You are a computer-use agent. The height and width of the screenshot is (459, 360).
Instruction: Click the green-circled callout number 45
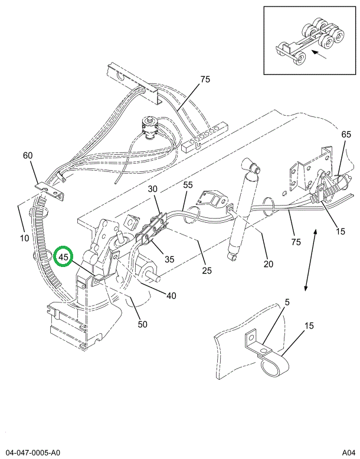(64, 257)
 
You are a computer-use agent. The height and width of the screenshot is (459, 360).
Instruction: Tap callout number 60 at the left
(28, 155)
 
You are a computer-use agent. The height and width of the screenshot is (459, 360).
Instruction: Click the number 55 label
(188, 185)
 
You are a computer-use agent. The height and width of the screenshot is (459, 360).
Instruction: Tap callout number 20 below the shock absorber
(269, 263)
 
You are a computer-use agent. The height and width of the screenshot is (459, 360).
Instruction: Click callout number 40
(171, 296)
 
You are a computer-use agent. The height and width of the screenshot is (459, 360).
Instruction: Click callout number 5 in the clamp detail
(287, 302)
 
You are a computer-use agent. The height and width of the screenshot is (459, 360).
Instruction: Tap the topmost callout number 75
(205, 80)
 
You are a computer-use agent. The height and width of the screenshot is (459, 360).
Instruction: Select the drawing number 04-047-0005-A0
(34, 451)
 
